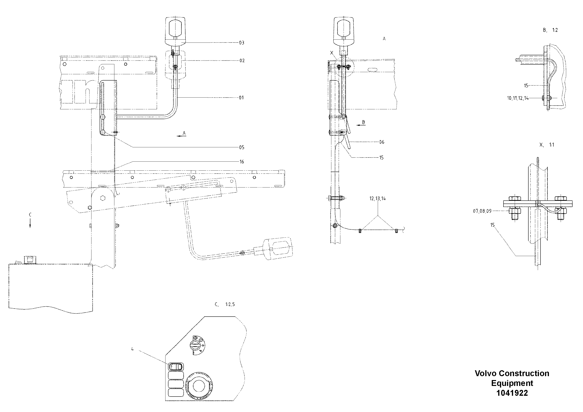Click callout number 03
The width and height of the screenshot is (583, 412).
click(x=241, y=43)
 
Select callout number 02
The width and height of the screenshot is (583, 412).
click(x=242, y=61)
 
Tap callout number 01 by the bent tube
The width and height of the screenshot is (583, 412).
click(x=241, y=98)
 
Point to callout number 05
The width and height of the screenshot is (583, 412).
click(x=241, y=147)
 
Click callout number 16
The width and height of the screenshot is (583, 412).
click(x=241, y=162)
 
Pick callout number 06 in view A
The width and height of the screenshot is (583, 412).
click(x=382, y=142)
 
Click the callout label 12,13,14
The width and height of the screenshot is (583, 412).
click(x=377, y=199)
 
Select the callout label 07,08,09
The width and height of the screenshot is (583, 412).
click(x=482, y=211)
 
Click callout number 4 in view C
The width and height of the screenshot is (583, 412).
click(x=132, y=349)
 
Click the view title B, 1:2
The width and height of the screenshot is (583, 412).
click(x=550, y=30)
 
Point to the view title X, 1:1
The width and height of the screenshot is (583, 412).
click(x=547, y=145)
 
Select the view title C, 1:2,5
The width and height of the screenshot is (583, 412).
click(x=225, y=304)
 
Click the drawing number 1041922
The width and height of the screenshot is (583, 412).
click(x=512, y=393)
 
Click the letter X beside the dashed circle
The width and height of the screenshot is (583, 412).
click(x=331, y=53)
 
